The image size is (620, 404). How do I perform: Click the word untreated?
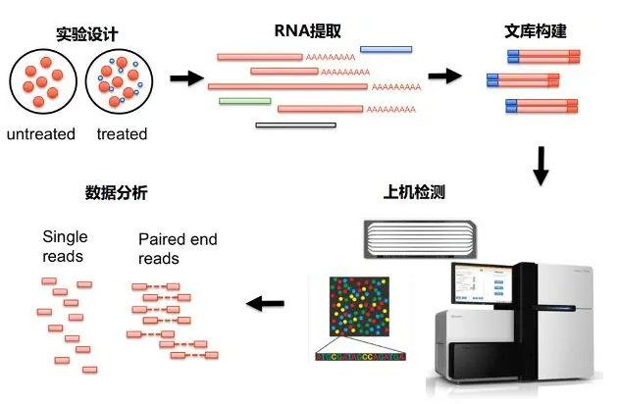click(40, 134)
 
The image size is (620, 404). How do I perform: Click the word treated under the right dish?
click(122, 134)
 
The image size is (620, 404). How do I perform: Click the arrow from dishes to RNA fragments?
click(186, 78)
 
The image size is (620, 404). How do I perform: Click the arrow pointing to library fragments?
click(445, 76)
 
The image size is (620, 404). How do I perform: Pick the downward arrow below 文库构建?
click(541, 166)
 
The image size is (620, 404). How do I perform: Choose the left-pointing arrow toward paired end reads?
click(264, 303)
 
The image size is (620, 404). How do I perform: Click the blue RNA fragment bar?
click(386, 49)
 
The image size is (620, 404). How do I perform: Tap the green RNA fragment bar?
click(244, 100)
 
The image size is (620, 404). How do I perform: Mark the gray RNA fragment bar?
click(295, 125)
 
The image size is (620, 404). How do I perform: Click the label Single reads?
click(65, 246)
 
